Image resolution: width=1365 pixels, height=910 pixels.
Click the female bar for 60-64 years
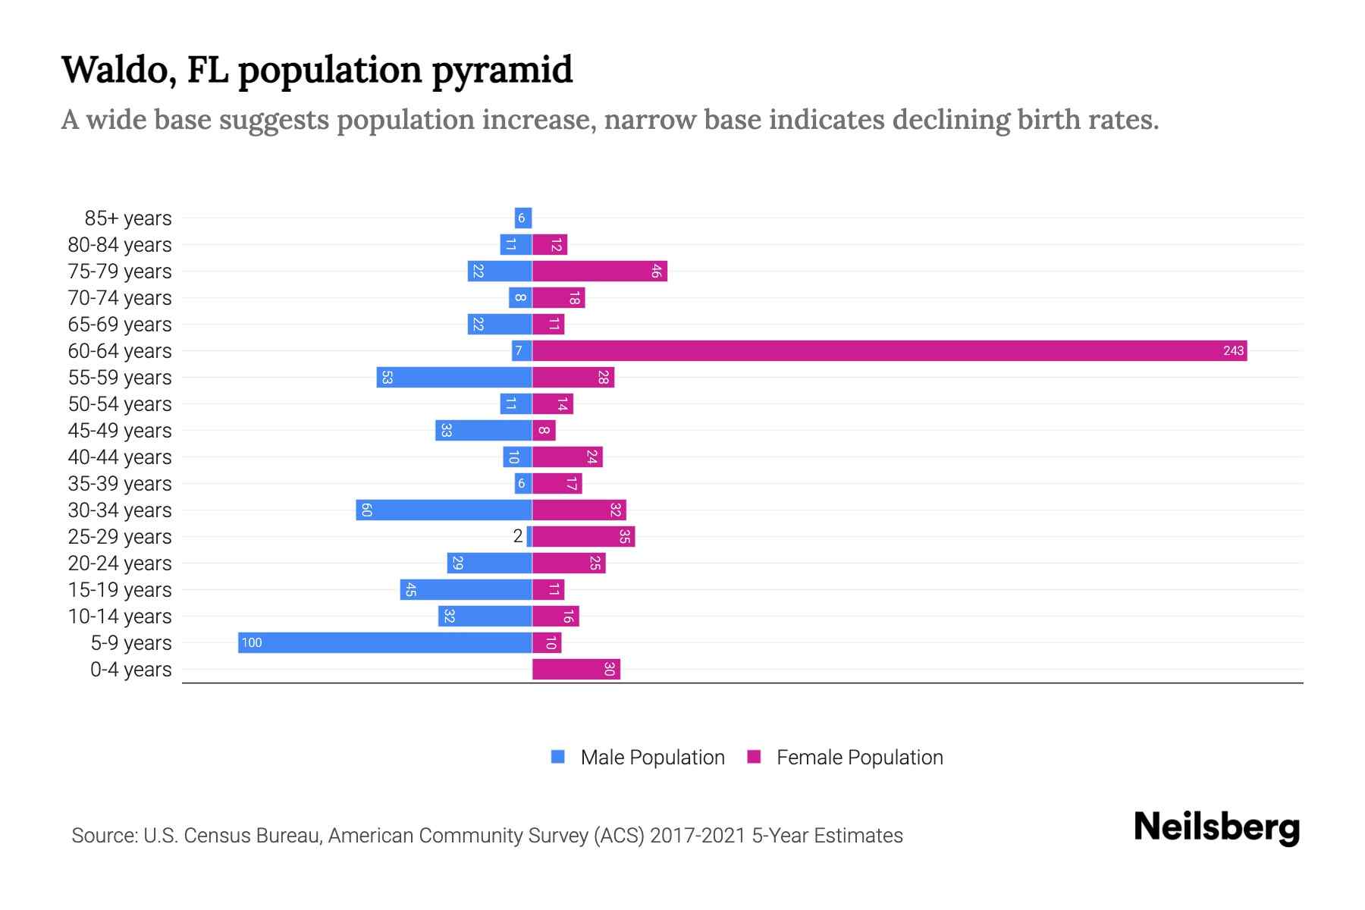889,350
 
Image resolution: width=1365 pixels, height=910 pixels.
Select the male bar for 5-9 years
385,642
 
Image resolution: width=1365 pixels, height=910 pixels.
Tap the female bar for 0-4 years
576,669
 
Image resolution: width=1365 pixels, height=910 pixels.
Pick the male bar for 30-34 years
444,510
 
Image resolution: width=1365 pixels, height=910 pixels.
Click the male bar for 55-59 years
454,377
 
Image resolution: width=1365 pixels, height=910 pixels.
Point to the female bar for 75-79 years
599,271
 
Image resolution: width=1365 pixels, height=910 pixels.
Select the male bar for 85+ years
522,218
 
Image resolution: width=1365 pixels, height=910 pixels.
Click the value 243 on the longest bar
1233,350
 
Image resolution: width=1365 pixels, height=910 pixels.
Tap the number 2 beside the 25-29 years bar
518,536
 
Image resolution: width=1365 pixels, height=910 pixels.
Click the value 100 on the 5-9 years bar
251,642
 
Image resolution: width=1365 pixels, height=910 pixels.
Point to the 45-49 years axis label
120,430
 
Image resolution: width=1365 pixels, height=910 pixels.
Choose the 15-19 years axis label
120,589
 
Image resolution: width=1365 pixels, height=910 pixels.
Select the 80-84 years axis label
120,244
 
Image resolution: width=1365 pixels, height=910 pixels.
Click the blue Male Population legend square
558,757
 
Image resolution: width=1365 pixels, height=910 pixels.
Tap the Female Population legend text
859,757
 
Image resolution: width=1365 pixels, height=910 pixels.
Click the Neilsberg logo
1216,827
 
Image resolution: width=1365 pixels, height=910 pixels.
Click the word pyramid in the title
502,70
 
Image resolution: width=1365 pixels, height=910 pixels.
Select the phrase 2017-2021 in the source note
697,835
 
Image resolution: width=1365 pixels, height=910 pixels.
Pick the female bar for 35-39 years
557,483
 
